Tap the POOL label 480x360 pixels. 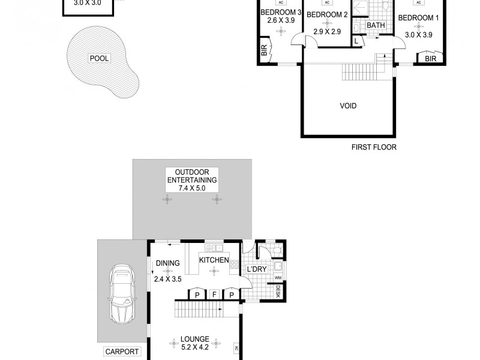[x=98, y=59]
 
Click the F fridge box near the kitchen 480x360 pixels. [x=213, y=295]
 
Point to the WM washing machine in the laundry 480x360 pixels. [x=278, y=278]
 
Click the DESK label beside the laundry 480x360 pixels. [x=278, y=292]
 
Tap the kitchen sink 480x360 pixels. [x=214, y=248]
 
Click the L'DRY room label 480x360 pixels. [x=256, y=269]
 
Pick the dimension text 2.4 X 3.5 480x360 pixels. [x=167, y=279]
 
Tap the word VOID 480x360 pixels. [x=348, y=106]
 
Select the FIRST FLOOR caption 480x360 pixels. [x=374, y=147]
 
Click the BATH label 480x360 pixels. [x=376, y=26]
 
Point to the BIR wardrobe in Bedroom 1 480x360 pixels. [x=430, y=59]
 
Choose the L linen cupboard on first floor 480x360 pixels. [x=357, y=41]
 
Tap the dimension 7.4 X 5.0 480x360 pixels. [x=191, y=188]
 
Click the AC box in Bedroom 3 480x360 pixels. [x=281, y=2]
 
